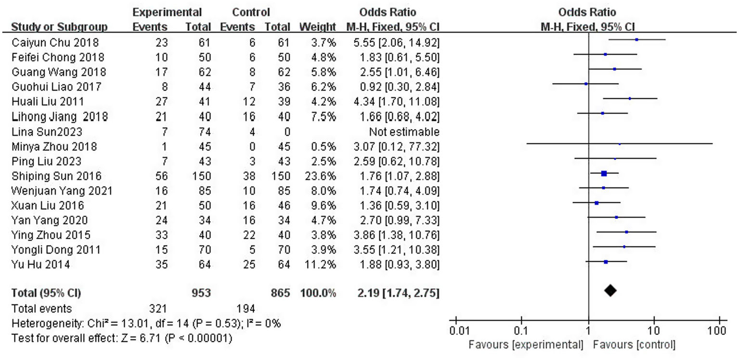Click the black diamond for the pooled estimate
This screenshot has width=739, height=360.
pos(610,290)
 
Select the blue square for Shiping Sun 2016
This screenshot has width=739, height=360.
pos(604,174)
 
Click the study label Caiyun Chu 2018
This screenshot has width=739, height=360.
pos(55,42)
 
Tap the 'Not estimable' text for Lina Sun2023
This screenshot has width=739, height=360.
pos(404,131)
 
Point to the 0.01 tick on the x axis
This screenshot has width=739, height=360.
pos(455,321)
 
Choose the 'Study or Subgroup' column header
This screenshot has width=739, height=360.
pos(59,27)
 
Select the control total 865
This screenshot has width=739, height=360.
pos(280,293)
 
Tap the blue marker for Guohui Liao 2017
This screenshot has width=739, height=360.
pos(586,84)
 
